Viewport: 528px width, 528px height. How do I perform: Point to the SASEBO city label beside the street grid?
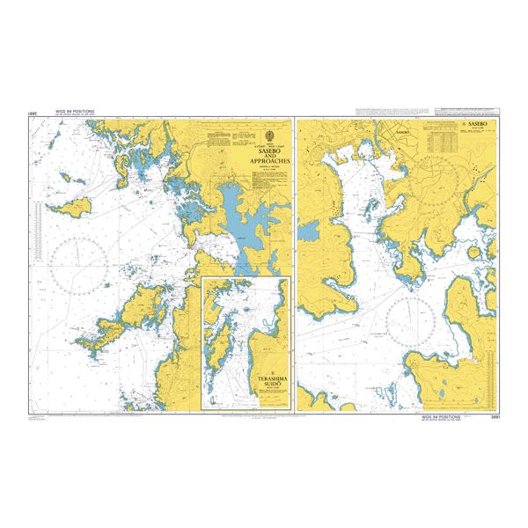point(403,131)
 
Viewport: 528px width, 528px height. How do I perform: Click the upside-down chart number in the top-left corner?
point(33,114)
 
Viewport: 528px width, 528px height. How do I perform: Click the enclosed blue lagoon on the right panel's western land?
point(310,231)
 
